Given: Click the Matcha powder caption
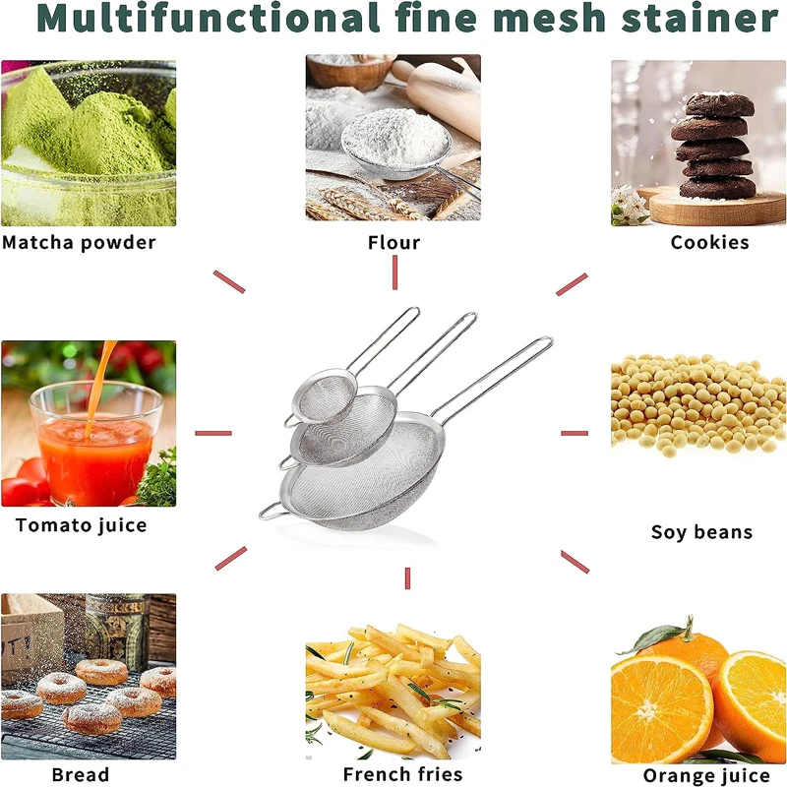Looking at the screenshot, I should click(79, 242).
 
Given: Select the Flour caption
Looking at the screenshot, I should click(393, 242).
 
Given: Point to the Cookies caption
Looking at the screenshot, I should click(709, 242).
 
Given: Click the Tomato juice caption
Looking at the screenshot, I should click(81, 525).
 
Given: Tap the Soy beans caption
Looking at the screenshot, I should click(701, 532).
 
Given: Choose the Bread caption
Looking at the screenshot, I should click(80, 775).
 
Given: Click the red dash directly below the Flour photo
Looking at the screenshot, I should click(394, 272).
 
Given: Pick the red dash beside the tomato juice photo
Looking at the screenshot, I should click(213, 433).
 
